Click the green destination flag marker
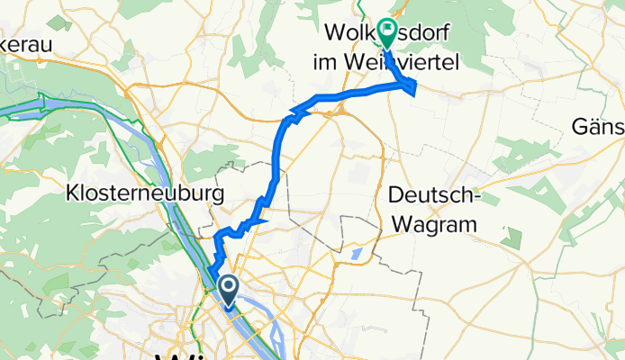pos(387,33)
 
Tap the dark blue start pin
pos(228,291)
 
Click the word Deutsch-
pos(434,195)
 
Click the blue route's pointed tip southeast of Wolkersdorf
pos(414,87)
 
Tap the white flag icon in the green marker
pos(387,30)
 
